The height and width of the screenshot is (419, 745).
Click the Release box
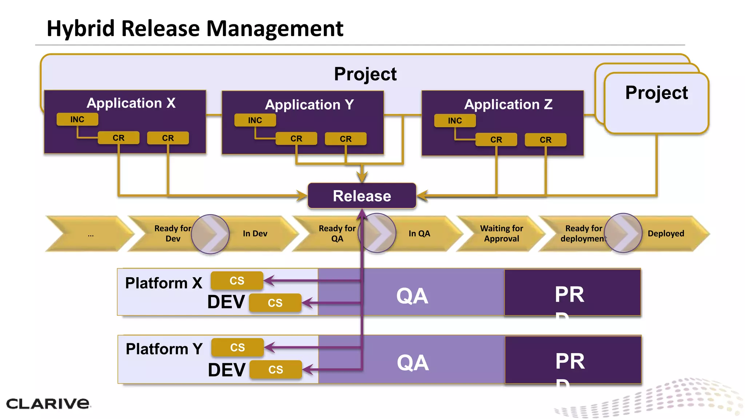362,196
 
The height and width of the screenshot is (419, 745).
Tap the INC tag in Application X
77,119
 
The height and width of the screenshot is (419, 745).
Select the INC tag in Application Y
255,120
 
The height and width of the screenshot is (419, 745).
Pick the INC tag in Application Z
455,120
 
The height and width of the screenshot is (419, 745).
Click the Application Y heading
309,105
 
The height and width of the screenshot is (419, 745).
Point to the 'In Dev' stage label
255,234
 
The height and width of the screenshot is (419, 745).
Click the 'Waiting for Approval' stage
501,234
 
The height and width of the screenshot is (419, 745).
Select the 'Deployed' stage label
666,234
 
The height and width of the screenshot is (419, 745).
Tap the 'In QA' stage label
419,234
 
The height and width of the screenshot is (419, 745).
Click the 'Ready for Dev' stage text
172,234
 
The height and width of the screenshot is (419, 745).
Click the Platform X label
163,283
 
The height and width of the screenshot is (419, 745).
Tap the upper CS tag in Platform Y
238,347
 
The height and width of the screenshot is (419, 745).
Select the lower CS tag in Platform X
275,303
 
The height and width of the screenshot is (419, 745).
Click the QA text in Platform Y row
413,362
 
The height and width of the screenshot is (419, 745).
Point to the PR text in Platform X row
569,294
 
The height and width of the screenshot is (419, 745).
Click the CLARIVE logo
48,403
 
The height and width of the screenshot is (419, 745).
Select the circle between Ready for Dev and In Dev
210,234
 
